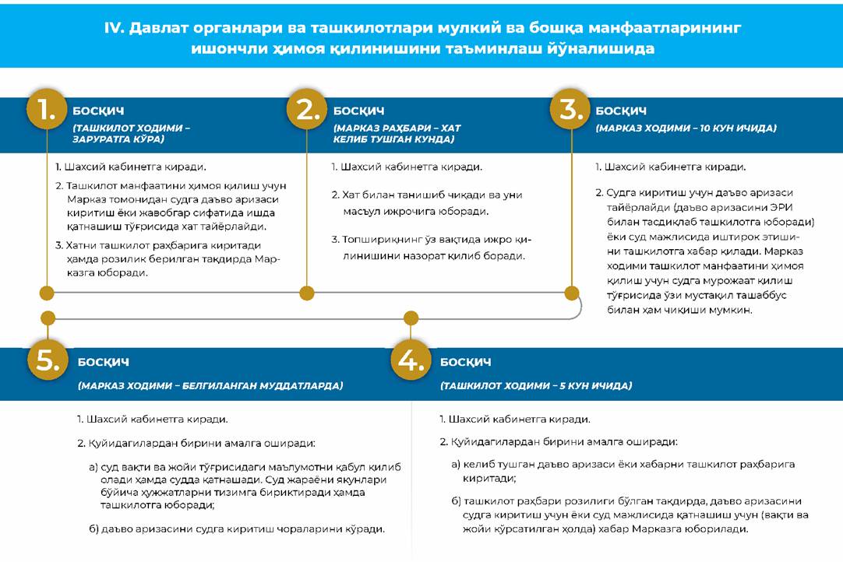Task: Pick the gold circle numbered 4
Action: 411,360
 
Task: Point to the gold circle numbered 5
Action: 48,360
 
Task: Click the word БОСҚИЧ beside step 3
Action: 621,111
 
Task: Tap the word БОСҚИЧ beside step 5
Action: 103,362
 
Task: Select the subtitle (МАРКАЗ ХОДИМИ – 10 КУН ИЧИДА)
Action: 686,128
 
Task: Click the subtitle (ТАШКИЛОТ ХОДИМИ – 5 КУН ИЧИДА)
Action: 536,385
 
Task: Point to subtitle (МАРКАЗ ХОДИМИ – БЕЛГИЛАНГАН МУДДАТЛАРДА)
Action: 210,385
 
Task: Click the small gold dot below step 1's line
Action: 47,293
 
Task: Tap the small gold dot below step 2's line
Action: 307,293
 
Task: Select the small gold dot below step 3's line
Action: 572,293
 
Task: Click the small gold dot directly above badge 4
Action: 411,318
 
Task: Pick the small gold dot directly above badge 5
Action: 48,318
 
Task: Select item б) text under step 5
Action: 237,529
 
